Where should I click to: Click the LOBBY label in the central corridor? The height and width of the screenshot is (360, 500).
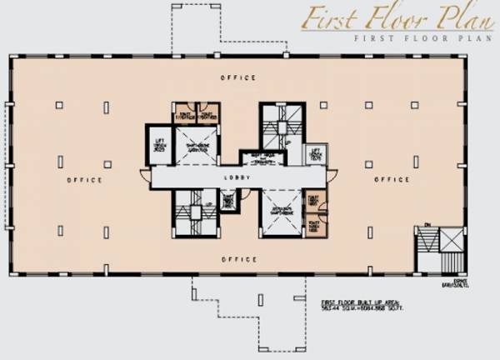237,177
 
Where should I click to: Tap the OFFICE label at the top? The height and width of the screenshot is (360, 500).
238,77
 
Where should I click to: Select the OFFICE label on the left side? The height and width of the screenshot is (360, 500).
85,180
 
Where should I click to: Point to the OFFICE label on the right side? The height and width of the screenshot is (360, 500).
391,180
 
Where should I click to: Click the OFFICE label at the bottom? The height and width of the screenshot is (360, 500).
238,259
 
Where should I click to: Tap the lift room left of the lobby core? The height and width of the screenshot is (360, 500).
158,145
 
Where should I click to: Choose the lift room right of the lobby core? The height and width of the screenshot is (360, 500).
315,154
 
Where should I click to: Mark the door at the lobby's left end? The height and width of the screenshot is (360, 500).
146,177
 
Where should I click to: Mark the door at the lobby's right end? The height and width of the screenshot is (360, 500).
331,177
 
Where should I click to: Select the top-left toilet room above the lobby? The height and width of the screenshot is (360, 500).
184,114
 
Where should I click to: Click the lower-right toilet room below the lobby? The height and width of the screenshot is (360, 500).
314,226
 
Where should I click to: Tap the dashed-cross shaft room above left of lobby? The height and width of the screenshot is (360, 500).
196,144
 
